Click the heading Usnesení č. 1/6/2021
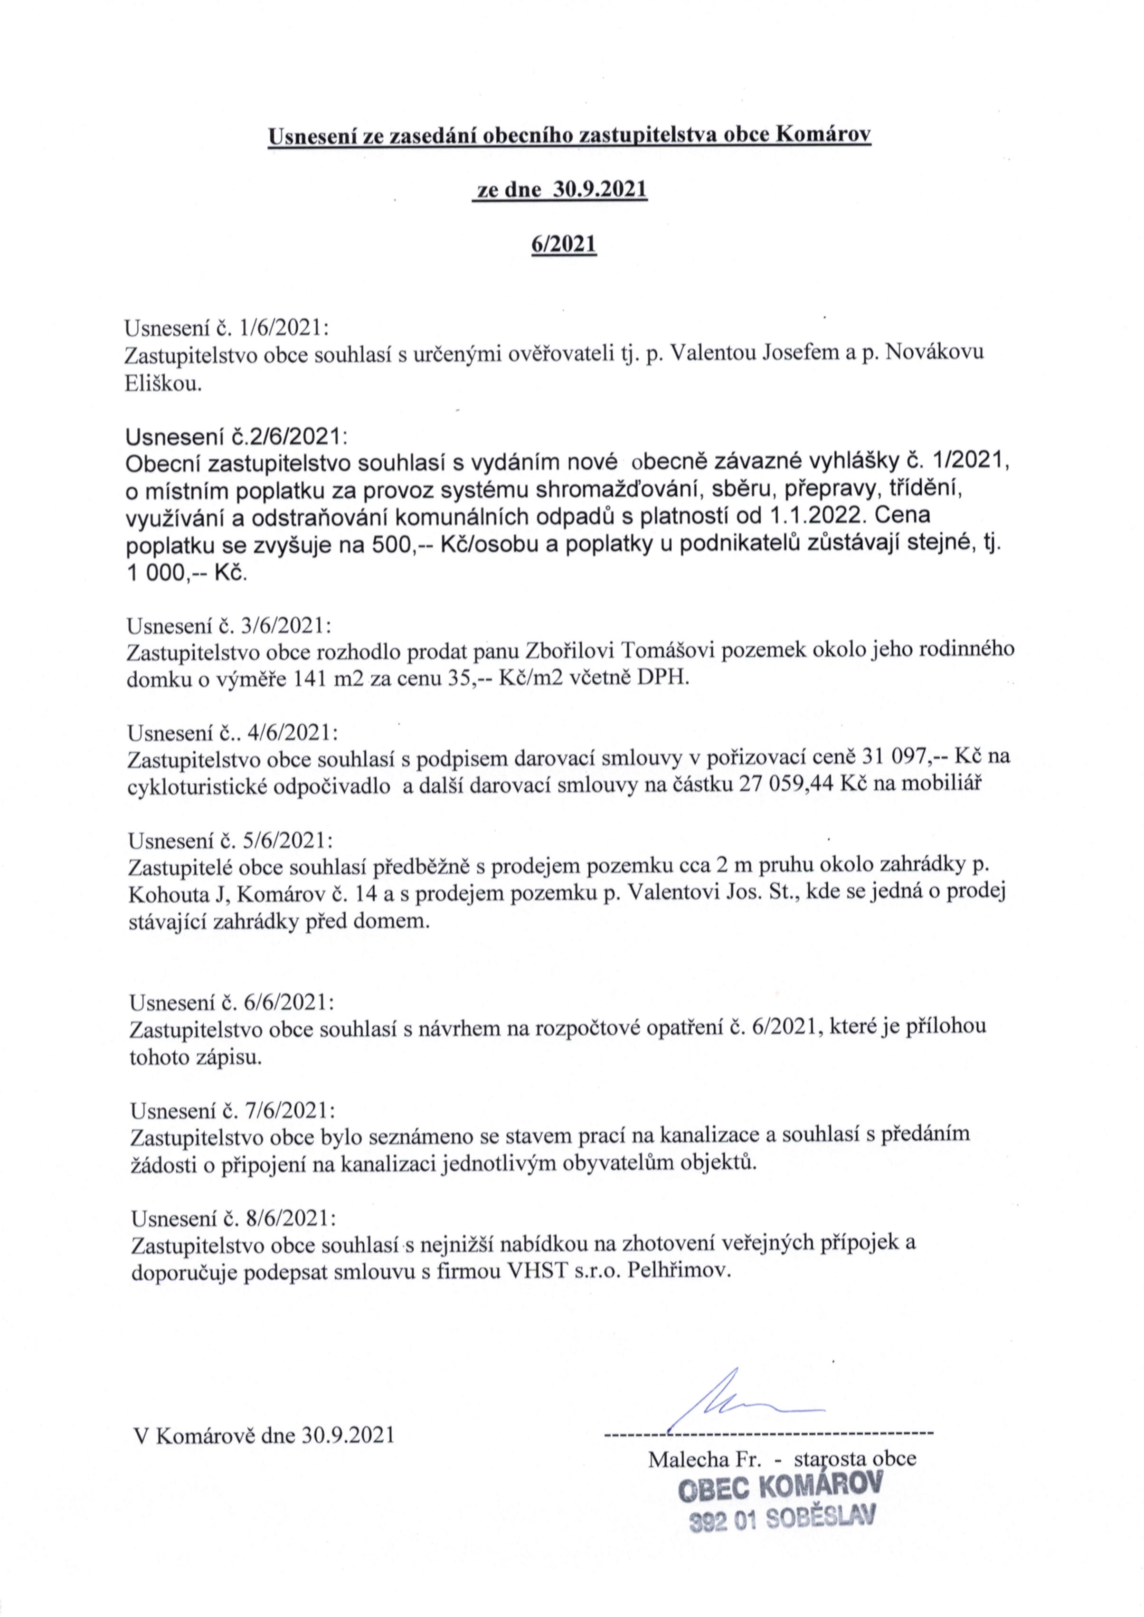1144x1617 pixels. pyautogui.click(x=227, y=328)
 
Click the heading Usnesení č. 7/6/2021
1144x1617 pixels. pyautogui.click(x=233, y=1111)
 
